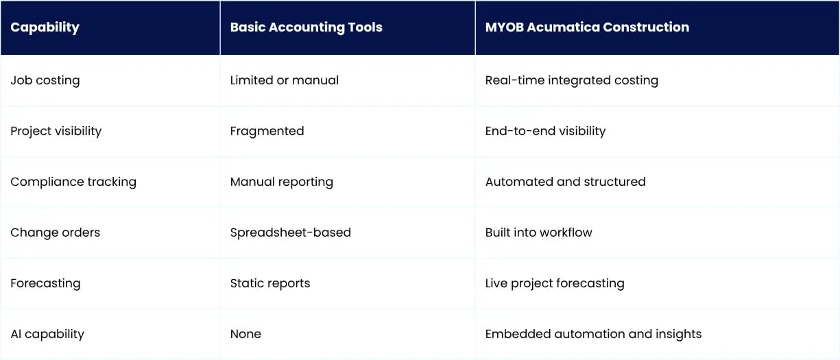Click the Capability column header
coord(45,27)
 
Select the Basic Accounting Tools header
coord(306,27)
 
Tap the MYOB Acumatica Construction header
coord(587,27)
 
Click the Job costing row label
coord(45,80)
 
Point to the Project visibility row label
coord(56,131)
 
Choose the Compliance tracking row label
coord(73,182)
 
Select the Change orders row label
coord(56,232)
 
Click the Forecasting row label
coord(45,283)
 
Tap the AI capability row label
coord(47,334)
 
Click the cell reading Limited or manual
coord(285,80)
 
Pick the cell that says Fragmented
coord(267,131)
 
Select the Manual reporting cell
coord(282,182)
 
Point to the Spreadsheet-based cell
coord(291,232)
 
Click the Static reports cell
coord(270,283)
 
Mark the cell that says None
coord(245,334)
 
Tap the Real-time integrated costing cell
coord(572,80)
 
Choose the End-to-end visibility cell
coord(545,131)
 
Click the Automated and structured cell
coord(566,182)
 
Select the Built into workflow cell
coord(539,232)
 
